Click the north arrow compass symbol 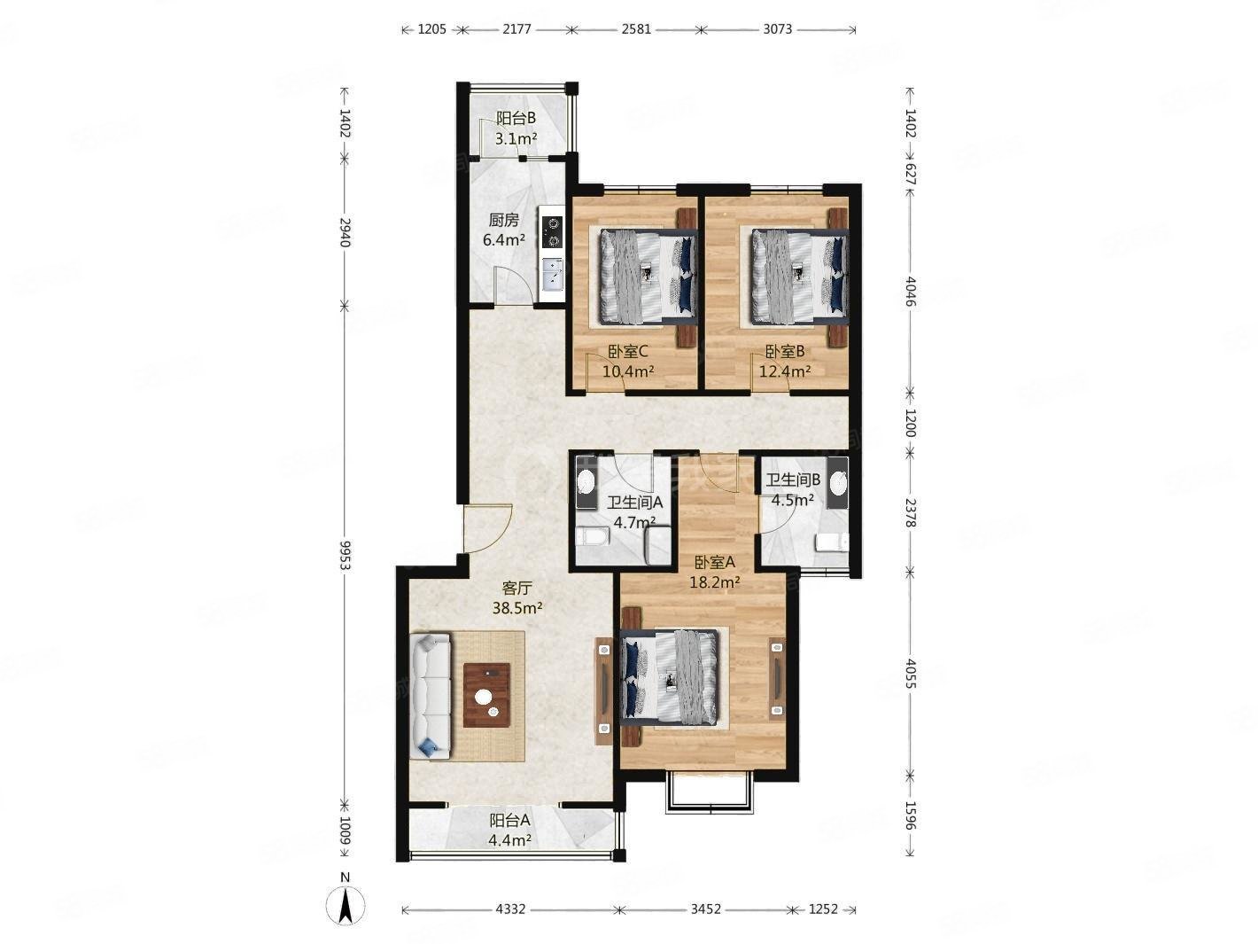346,904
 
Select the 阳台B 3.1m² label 516,128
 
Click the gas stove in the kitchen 553,231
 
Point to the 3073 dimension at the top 777,29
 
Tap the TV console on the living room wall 603,690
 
